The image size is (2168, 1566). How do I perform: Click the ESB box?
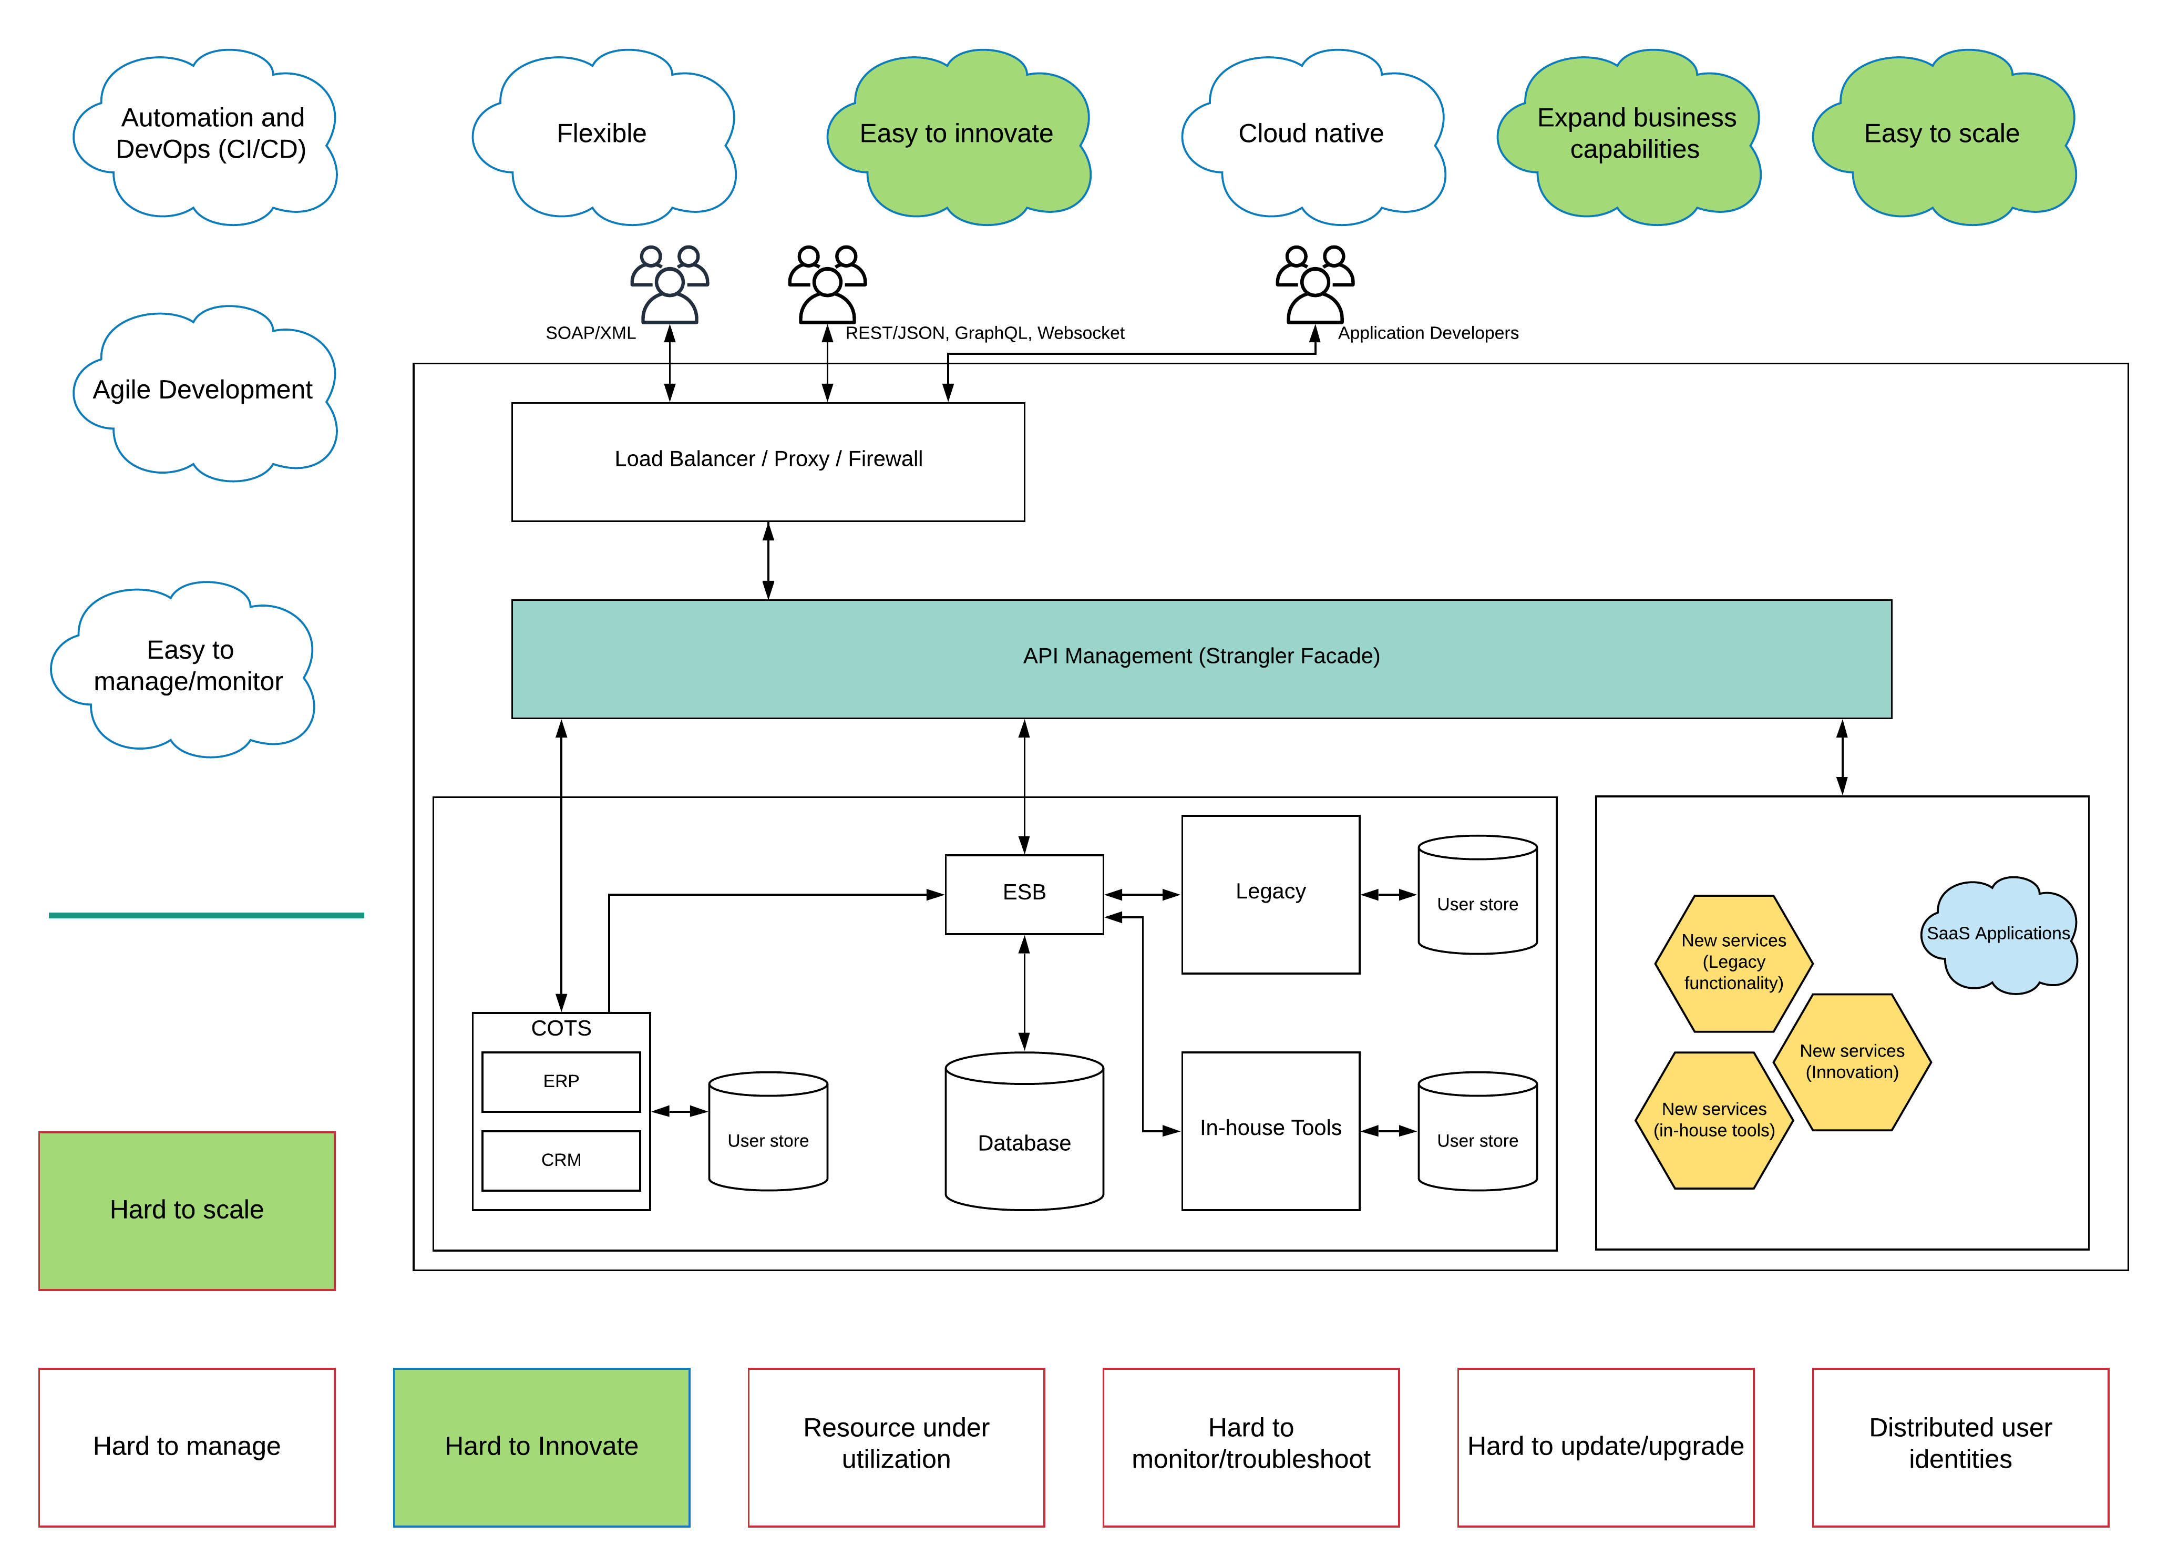point(1024,894)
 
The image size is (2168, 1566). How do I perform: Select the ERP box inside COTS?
point(561,1081)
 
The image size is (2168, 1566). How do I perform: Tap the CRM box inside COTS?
point(561,1160)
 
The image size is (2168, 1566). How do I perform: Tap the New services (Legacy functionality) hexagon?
point(1733,963)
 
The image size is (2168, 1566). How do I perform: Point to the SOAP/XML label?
point(590,333)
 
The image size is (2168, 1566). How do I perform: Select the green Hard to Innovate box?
point(541,1447)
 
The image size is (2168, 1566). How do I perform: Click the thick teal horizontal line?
point(206,915)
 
